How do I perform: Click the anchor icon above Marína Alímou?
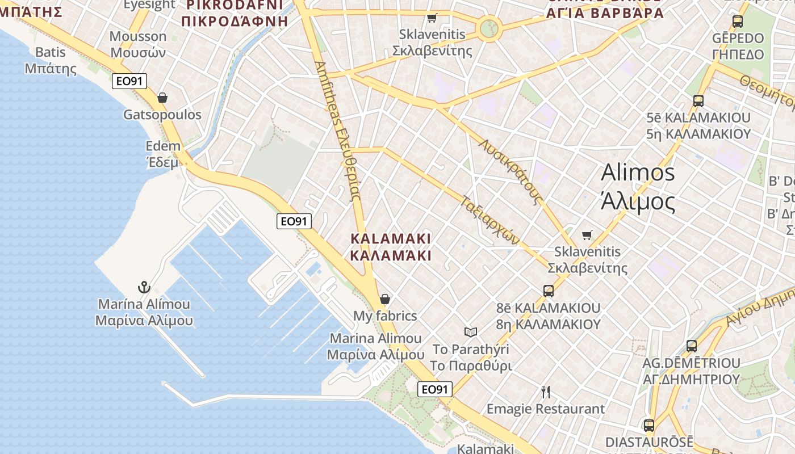tap(144, 287)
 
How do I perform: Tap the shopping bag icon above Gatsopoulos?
tap(162, 98)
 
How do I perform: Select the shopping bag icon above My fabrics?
tap(385, 299)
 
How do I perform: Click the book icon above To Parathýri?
tap(471, 332)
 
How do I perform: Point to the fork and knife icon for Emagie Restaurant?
tap(546, 392)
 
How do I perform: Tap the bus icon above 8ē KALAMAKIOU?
tap(549, 291)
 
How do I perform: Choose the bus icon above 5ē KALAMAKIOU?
tap(698, 101)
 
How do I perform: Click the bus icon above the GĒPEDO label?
tap(738, 22)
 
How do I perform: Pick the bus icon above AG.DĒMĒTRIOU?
tap(692, 346)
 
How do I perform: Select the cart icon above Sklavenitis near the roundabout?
tap(432, 18)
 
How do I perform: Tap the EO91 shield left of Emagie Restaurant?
tap(435, 389)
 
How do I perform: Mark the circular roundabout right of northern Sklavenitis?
tap(489, 27)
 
